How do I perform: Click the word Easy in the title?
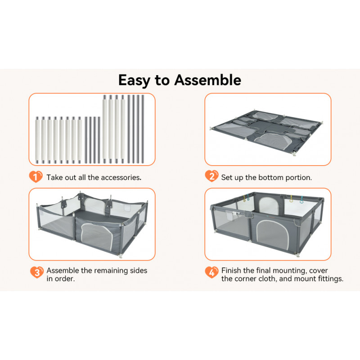(x=134, y=81)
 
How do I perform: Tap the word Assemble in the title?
(x=207, y=80)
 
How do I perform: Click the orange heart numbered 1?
(x=36, y=176)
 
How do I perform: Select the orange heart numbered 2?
(x=211, y=176)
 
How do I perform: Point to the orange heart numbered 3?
(x=37, y=272)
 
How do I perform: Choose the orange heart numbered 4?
(x=211, y=272)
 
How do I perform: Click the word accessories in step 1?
(x=121, y=177)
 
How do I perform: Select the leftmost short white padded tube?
(x=37, y=140)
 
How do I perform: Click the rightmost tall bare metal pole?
(x=143, y=129)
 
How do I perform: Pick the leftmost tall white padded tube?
(x=105, y=129)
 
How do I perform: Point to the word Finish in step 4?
(x=231, y=270)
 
